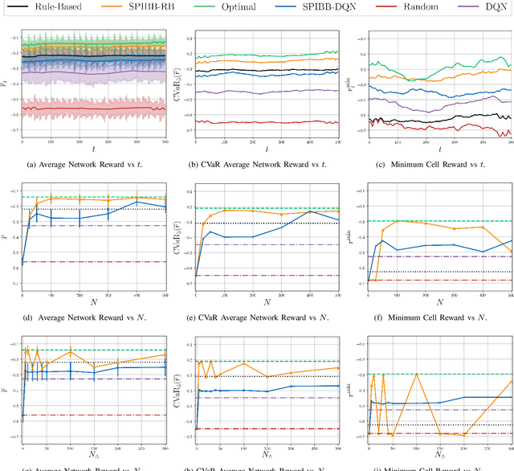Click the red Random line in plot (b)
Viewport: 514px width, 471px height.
click(265, 122)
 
